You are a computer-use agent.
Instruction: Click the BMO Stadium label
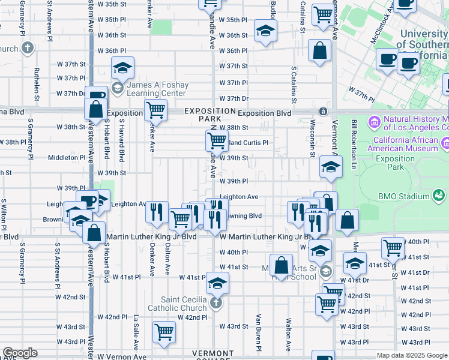coord(405,196)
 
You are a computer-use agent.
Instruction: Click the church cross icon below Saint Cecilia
coord(217,304)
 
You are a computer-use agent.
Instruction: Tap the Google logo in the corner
coord(20,353)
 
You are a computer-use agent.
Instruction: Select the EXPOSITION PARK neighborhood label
coord(209,115)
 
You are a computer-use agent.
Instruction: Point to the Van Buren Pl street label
coord(259,332)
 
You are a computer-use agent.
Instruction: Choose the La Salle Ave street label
coord(136,332)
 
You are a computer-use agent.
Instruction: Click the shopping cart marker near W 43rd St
coord(163,332)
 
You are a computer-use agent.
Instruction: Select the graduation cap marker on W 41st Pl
coord(217,281)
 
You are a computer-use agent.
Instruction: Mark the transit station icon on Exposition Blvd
coord(323,111)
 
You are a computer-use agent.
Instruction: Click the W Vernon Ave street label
coord(125,356)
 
